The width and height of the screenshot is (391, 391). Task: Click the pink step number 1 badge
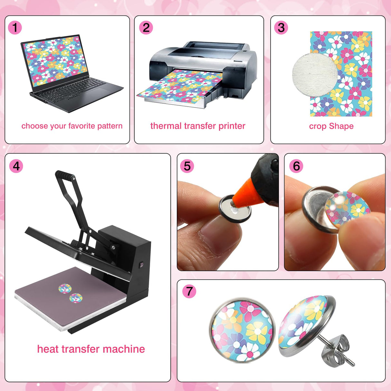pos(15,28)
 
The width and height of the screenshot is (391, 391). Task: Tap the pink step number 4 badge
pos(16,166)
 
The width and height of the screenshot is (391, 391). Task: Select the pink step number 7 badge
pos(189,291)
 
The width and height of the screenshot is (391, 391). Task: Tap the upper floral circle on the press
pos(64,289)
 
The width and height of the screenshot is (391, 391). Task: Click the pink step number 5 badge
pos(187,166)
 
